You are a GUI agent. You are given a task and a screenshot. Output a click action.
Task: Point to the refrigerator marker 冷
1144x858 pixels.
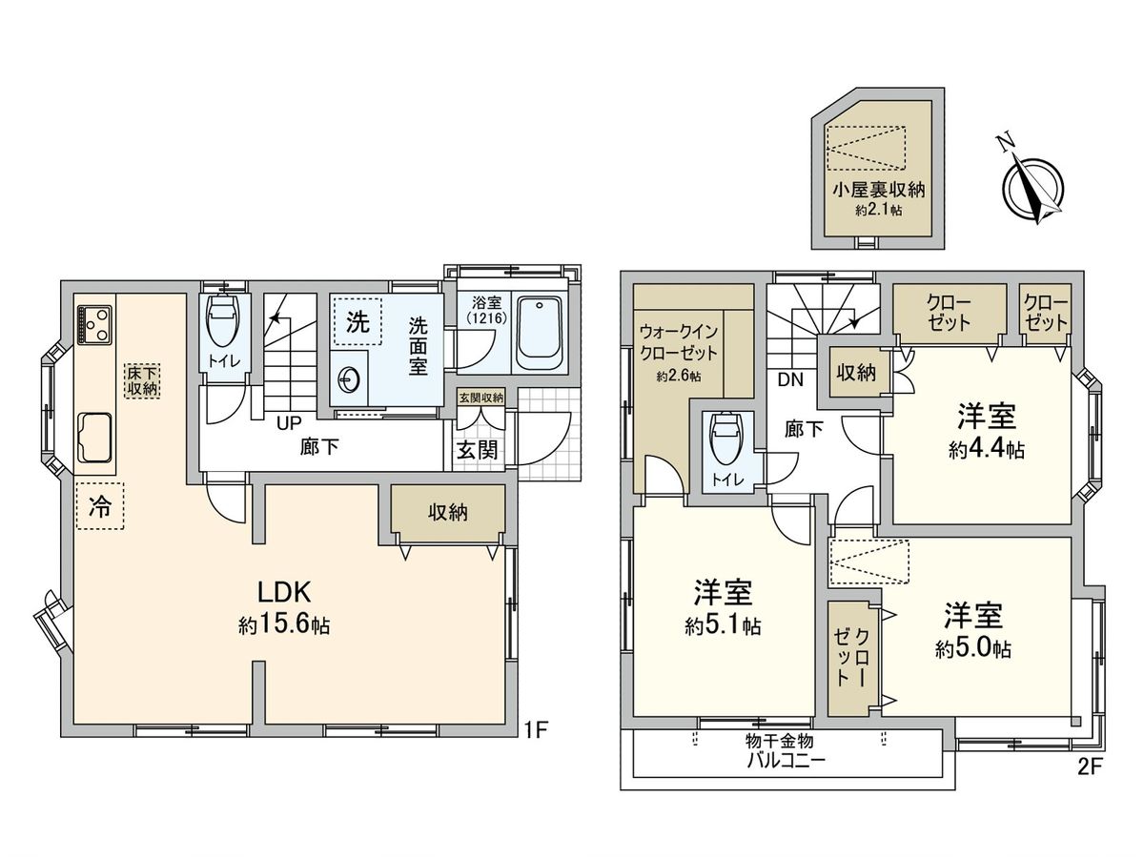tap(99, 507)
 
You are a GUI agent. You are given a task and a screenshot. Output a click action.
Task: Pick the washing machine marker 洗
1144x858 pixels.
tap(357, 322)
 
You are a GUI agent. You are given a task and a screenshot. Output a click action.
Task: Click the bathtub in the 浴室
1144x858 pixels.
tap(540, 336)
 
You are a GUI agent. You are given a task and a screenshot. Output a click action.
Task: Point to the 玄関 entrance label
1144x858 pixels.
tap(477, 449)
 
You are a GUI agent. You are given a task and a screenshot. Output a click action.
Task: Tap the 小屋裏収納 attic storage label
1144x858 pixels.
tap(878, 189)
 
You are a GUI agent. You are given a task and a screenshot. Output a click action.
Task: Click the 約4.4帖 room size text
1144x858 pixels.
tap(986, 451)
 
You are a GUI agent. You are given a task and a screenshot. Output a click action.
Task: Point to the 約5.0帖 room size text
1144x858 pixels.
tap(973, 649)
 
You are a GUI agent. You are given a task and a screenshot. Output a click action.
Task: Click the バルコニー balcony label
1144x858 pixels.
tap(786, 761)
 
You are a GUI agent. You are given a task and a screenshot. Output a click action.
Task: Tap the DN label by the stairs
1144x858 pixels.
tap(789, 379)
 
